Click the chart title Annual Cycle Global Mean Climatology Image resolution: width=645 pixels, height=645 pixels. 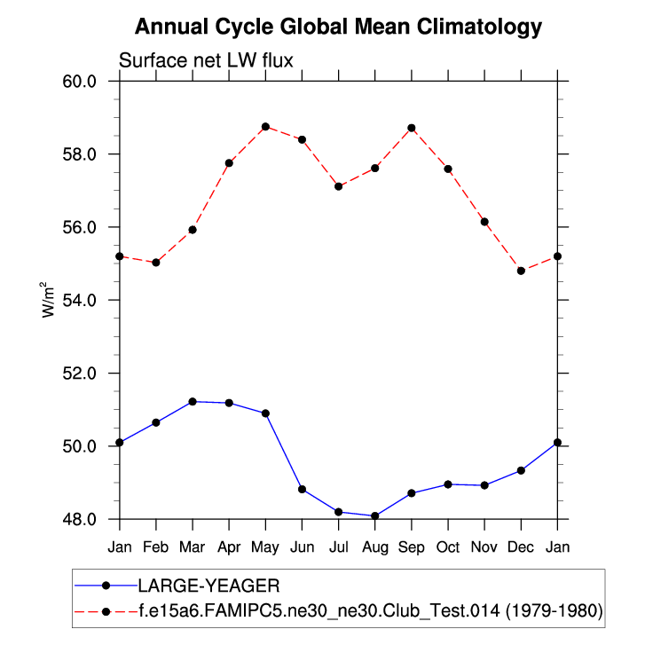click(x=338, y=28)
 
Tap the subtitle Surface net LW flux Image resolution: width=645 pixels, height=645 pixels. click(x=206, y=61)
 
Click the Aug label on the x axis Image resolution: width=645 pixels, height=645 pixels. click(x=375, y=547)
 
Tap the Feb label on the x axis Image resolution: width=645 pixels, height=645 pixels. click(x=156, y=547)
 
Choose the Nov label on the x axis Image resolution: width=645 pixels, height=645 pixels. click(x=484, y=547)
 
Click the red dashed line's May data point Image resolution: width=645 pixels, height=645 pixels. click(x=265, y=127)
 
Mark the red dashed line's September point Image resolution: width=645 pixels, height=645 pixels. click(x=412, y=128)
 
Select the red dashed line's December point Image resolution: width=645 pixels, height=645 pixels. click(x=521, y=271)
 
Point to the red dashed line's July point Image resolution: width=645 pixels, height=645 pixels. click(x=339, y=186)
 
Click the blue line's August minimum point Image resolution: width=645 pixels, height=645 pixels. click(x=375, y=515)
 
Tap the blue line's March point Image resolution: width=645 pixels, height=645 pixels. click(x=193, y=402)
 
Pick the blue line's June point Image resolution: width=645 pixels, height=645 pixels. click(x=303, y=489)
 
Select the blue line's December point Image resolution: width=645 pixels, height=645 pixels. click(x=521, y=470)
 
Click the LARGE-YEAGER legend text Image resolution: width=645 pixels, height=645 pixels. click(x=208, y=586)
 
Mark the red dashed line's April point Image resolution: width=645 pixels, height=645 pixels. click(x=229, y=162)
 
